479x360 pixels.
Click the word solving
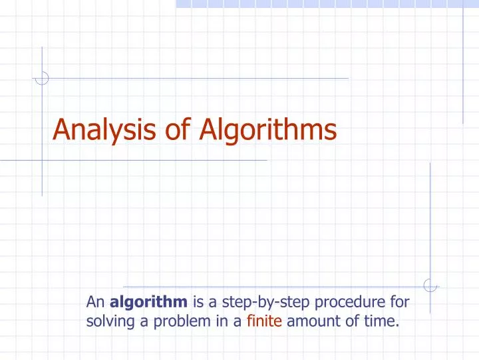tap(108, 323)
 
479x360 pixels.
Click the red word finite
tap(265, 323)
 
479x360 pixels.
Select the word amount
tap(311, 323)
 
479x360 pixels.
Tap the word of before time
tap(348, 323)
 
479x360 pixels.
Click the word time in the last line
tap(381, 323)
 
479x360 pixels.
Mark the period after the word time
tap(398, 327)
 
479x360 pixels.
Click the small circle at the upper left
tap(42, 78)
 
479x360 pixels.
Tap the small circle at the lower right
tap(430, 285)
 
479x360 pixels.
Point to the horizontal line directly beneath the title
tap(133, 161)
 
